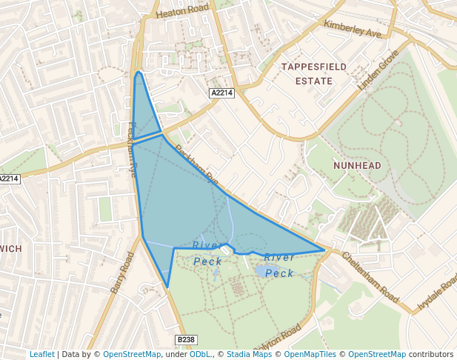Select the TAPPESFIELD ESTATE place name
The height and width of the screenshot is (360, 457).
click(x=314, y=73)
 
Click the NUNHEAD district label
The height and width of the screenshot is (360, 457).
click(x=357, y=165)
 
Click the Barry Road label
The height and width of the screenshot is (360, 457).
click(x=122, y=272)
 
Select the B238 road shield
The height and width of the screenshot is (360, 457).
click(x=187, y=339)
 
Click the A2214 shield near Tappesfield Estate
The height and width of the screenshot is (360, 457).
click(x=221, y=93)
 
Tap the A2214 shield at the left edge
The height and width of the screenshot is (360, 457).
click(x=8, y=179)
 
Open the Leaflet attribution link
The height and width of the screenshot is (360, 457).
click(x=41, y=354)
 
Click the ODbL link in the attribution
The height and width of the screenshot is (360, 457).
click(x=200, y=354)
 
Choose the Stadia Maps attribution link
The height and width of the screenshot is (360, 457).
click(x=249, y=354)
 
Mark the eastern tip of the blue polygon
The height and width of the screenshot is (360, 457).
click(x=324, y=250)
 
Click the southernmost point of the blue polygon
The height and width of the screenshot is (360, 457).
click(x=167, y=287)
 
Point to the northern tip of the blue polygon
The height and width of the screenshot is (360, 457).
click(x=139, y=73)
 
